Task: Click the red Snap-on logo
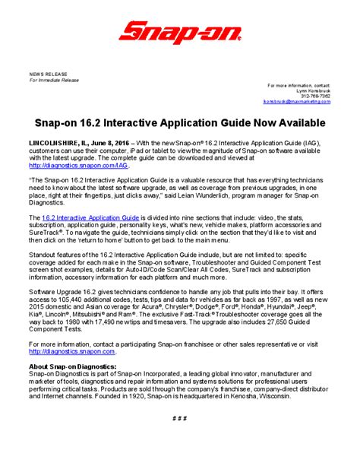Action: pos(179,32)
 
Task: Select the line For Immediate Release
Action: pos(54,79)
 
